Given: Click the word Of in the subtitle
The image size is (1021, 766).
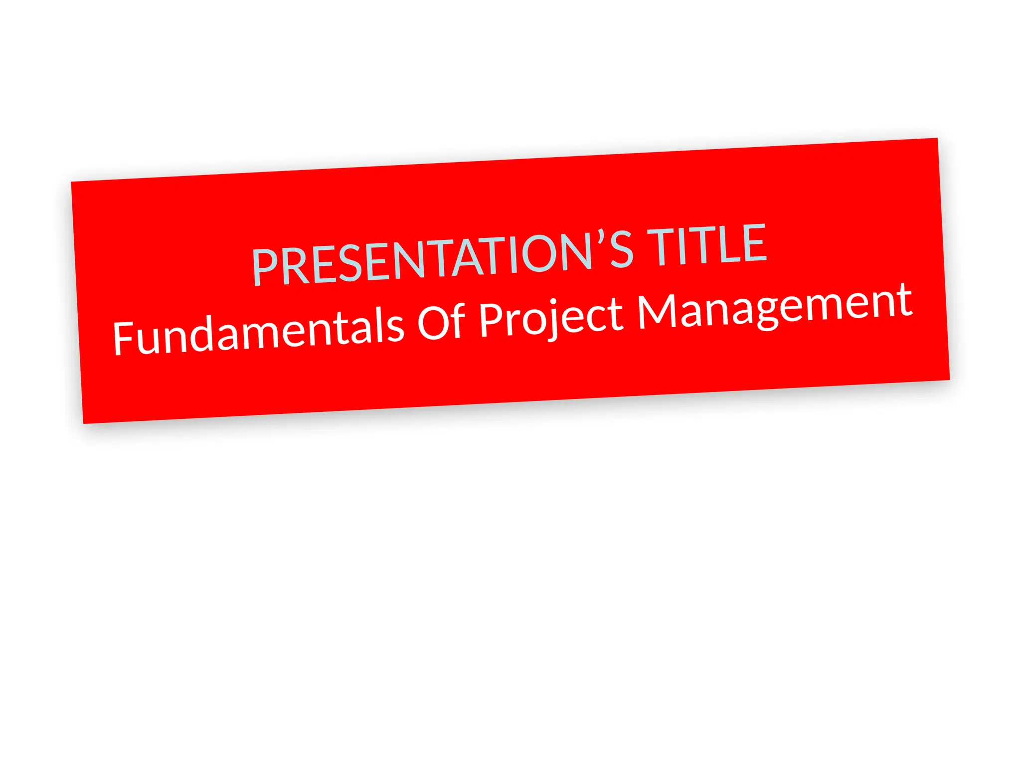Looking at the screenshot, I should (441, 321).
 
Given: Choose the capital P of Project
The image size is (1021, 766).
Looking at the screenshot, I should (491, 319).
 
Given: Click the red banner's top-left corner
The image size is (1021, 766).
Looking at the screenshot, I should (72, 182).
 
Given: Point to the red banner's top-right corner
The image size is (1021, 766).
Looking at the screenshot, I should (937, 139).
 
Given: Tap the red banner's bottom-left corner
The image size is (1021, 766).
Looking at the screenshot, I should (83, 423).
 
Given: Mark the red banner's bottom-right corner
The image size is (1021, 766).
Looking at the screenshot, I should (949, 380).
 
